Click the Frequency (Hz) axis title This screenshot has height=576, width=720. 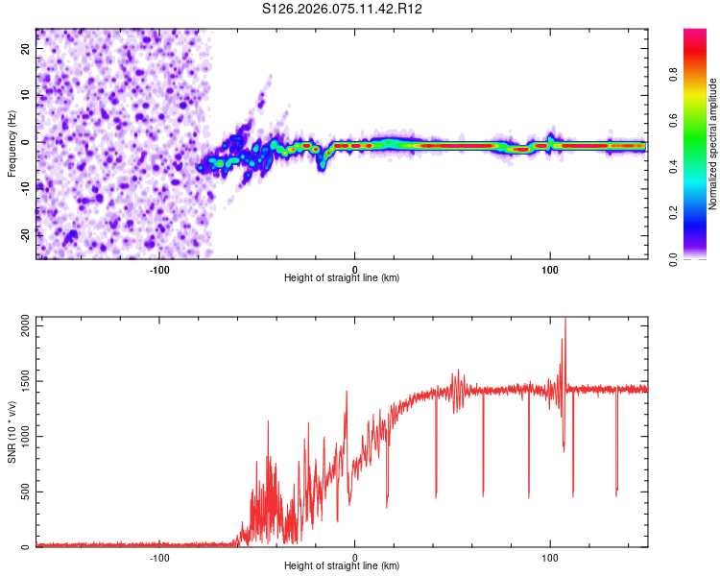(12, 143)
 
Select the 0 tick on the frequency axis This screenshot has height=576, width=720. (26, 142)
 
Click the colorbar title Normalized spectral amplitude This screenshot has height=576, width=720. (713, 144)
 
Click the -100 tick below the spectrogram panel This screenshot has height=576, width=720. (159, 270)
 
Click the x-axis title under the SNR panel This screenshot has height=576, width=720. (342, 566)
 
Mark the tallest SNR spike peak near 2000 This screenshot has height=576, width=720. (564, 320)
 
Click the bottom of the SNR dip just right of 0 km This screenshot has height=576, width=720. (387, 507)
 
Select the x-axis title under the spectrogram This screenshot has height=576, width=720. (342, 278)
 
